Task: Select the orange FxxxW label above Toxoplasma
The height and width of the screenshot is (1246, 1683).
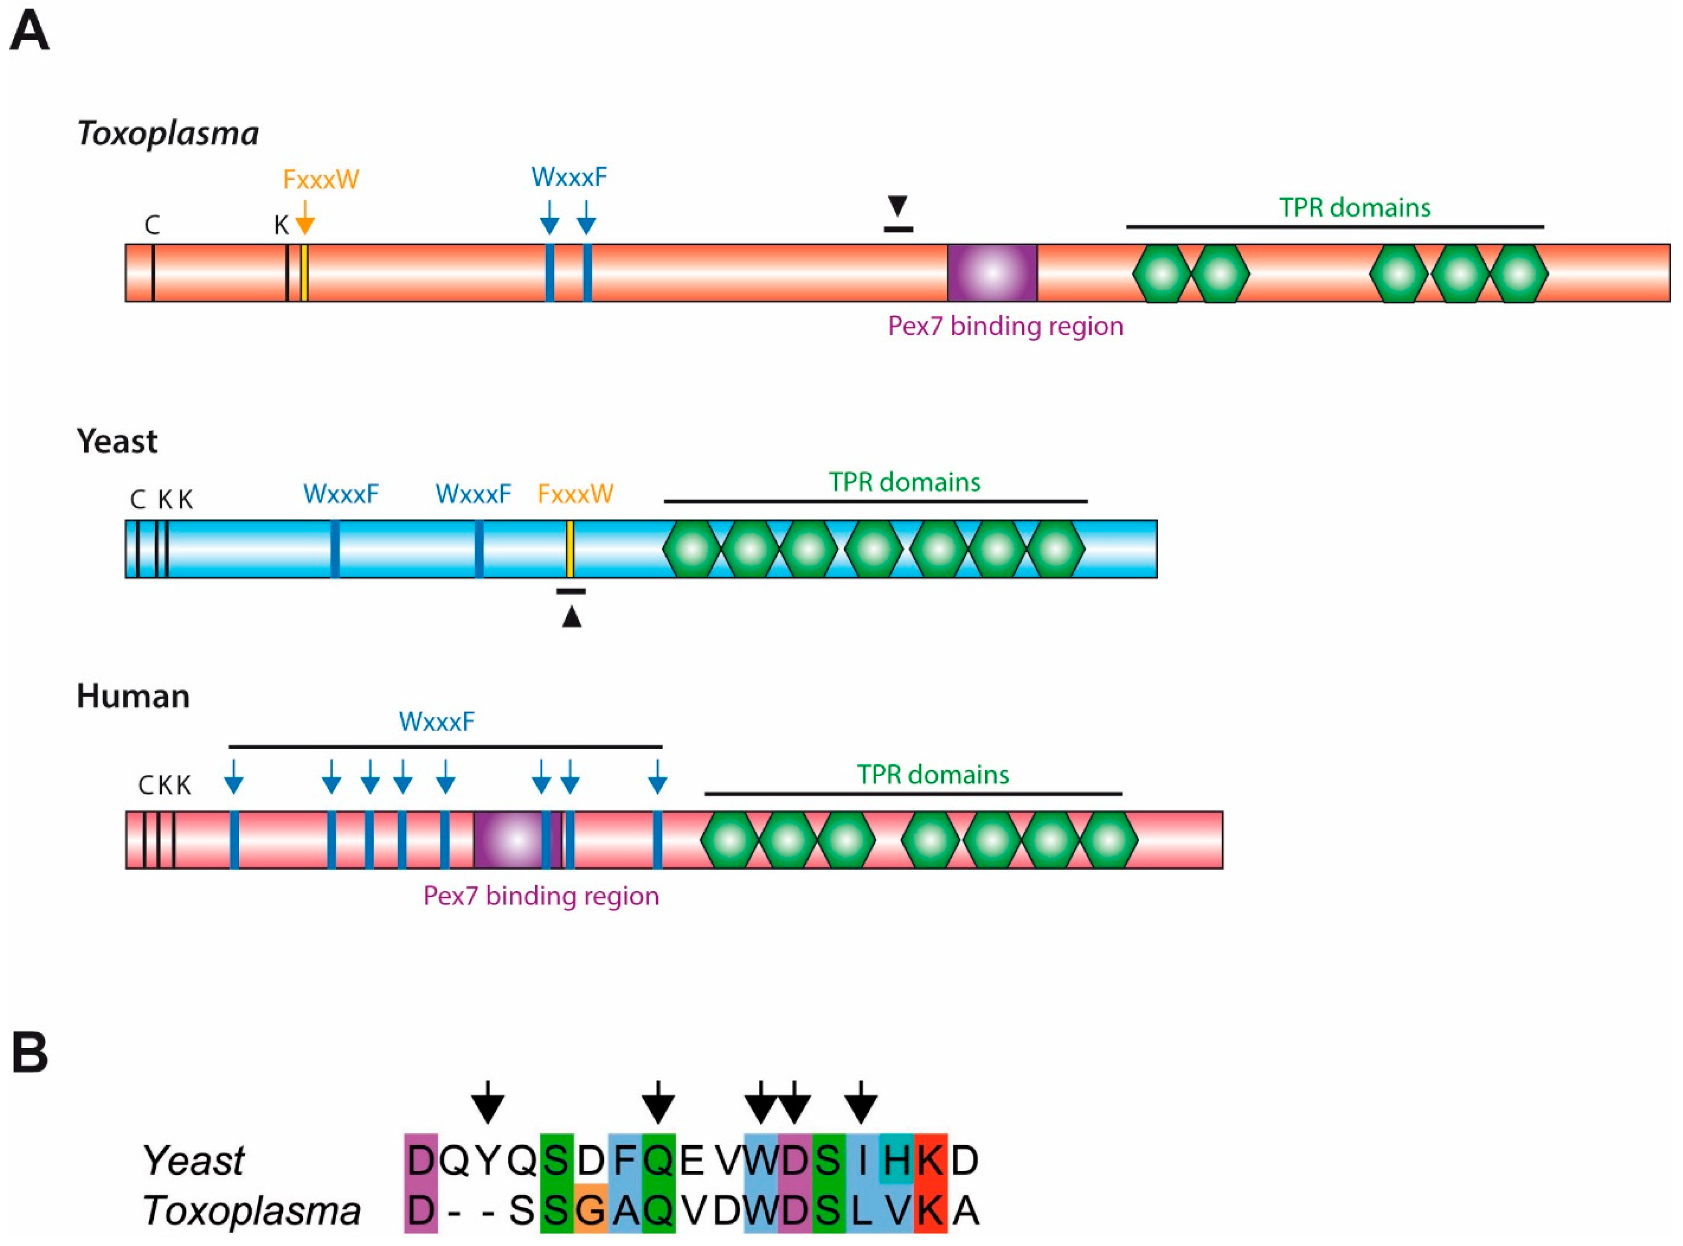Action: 321,179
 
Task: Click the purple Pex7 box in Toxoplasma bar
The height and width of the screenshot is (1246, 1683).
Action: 992,272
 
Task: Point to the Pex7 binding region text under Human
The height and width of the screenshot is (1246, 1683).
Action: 541,896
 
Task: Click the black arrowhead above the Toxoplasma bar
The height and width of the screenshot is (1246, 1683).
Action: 897,205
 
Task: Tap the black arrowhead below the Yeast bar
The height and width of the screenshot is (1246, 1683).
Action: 572,617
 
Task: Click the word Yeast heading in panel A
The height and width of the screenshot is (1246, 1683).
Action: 117,441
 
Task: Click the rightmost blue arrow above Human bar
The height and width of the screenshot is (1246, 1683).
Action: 657,777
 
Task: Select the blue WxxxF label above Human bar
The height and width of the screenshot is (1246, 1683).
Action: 437,722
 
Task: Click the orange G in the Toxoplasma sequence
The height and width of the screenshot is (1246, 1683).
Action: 590,1210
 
